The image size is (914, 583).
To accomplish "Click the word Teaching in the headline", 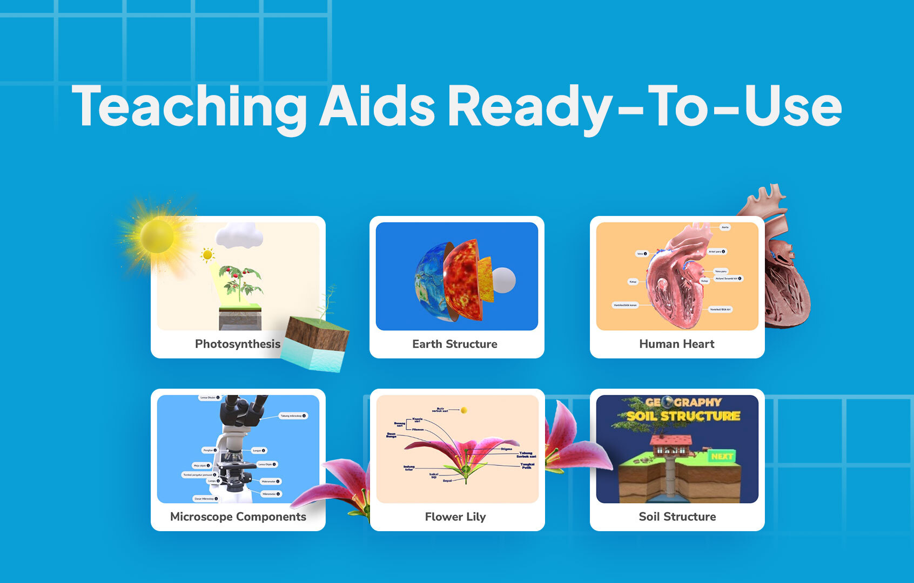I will [189, 106].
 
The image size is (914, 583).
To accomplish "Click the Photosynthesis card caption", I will [237, 344].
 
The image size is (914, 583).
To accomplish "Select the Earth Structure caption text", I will [454, 344].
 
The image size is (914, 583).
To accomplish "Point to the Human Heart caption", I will [676, 344].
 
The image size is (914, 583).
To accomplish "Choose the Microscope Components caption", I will [238, 517].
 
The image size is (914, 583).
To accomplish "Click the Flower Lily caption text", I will [455, 517].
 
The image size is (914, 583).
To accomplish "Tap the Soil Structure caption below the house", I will [677, 517].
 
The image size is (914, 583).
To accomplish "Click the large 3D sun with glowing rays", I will [157, 236].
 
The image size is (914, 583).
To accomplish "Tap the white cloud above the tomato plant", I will [239, 235].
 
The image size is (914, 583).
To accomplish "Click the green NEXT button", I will [722, 456].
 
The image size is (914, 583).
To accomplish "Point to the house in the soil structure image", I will [671, 446].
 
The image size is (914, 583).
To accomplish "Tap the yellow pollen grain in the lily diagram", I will [463, 410].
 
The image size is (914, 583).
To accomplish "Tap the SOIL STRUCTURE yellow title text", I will [683, 416].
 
